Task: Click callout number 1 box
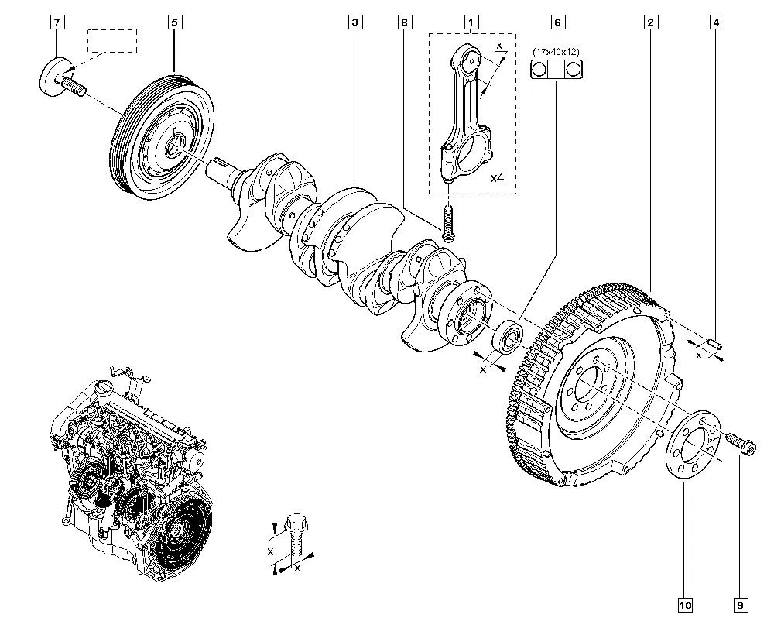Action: [x=470, y=22]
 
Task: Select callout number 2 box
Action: [x=651, y=22]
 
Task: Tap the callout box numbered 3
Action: [x=354, y=22]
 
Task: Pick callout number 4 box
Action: [x=717, y=22]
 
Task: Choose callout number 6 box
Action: [x=557, y=22]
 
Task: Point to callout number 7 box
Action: [x=57, y=22]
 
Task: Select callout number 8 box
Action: [x=402, y=22]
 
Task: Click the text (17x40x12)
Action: [x=557, y=52]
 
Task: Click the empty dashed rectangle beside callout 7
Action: [x=111, y=40]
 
